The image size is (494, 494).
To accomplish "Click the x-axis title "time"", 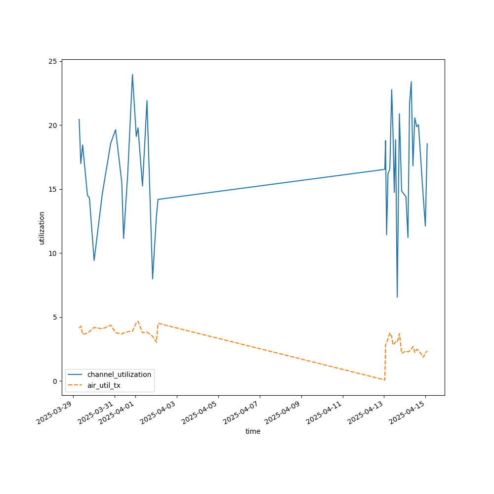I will pos(253,431).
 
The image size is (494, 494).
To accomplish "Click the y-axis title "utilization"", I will pos(42,228).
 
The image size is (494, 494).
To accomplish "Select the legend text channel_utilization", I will pos(119,374).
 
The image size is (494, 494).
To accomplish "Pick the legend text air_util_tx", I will pos(104,385).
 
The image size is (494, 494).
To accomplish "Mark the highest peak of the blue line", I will pos(132,75).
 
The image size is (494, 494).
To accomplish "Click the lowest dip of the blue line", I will pos(397,297).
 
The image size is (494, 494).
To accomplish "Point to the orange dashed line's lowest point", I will pos(384,380).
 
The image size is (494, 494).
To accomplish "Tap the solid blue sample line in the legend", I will pos(76,374).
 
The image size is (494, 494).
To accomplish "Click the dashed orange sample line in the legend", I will pos(76,385).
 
